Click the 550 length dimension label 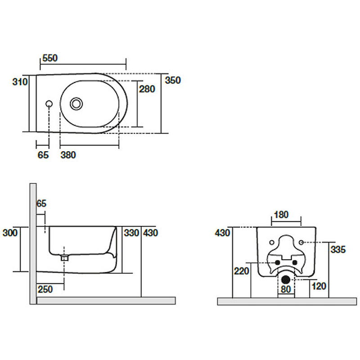[50, 58]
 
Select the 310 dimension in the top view [20, 82]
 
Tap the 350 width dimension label [173, 81]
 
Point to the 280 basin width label [147, 89]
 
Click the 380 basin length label [68, 155]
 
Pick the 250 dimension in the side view [45, 289]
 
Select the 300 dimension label [10, 233]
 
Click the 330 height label [131, 233]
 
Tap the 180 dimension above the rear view [281, 215]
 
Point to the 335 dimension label [338, 250]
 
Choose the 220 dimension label [242, 271]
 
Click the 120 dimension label [319, 286]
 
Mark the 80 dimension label [286, 289]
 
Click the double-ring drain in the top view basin [76, 104]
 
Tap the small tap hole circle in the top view [49, 104]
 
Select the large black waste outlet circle [286, 279]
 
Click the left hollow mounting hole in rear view [272, 243]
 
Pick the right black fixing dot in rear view [295, 262]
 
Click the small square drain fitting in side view [64, 258]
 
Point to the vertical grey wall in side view [33, 244]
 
